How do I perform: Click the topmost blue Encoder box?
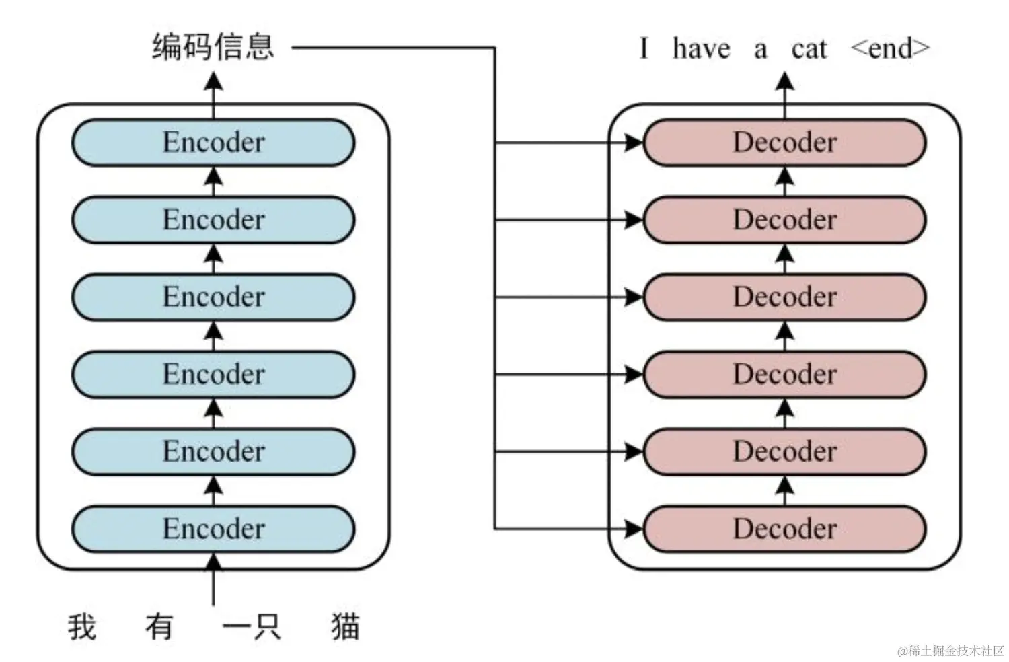[213, 143]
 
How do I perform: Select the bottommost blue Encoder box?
[213, 529]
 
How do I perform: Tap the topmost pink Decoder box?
[784, 143]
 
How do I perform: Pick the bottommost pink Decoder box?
[784, 529]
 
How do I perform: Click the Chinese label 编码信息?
[213, 47]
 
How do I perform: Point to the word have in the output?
[701, 48]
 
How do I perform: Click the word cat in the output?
[809, 48]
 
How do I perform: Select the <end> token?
[890, 48]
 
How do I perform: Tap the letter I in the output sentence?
[644, 48]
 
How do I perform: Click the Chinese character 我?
[82, 626]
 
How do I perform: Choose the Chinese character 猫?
[345, 626]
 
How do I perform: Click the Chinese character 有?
[159, 626]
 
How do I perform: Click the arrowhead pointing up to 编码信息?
[213, 82]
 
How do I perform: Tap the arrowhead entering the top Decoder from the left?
[634, 143]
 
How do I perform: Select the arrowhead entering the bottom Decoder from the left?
[634, 529]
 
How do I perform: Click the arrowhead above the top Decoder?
[784, 82]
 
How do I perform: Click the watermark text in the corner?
[950, 651]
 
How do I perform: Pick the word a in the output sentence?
[760, 50]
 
